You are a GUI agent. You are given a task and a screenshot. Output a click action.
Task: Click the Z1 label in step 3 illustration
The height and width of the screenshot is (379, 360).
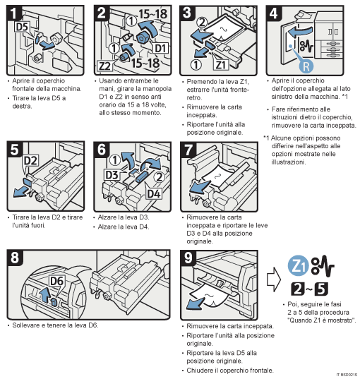[x=221, y=64]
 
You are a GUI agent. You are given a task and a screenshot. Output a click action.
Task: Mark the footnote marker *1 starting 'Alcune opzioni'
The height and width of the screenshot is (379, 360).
[x=268, y=137]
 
